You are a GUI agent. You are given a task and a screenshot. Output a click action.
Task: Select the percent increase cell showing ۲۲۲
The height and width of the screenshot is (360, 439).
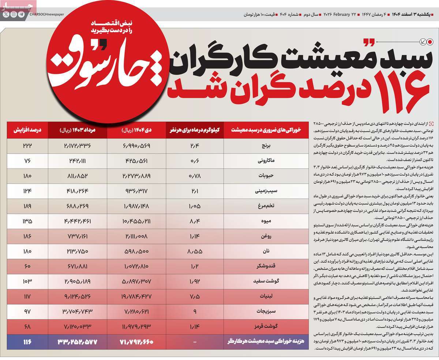pos(27,145)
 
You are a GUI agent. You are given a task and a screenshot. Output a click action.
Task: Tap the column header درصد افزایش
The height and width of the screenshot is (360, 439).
pos(27,129)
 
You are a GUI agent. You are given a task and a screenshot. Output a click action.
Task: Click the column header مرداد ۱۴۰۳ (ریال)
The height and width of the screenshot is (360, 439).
pos(77,129)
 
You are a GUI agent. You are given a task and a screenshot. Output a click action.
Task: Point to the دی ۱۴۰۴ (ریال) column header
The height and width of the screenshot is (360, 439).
pos(135,129)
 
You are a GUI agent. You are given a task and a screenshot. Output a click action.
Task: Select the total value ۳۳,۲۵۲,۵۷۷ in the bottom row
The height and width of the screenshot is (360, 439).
pos(77,342)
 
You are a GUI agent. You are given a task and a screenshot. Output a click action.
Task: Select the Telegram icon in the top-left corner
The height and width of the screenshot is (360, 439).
pos(21,15)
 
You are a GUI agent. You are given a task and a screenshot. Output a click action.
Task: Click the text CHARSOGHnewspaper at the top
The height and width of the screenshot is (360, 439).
pos(46,15)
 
